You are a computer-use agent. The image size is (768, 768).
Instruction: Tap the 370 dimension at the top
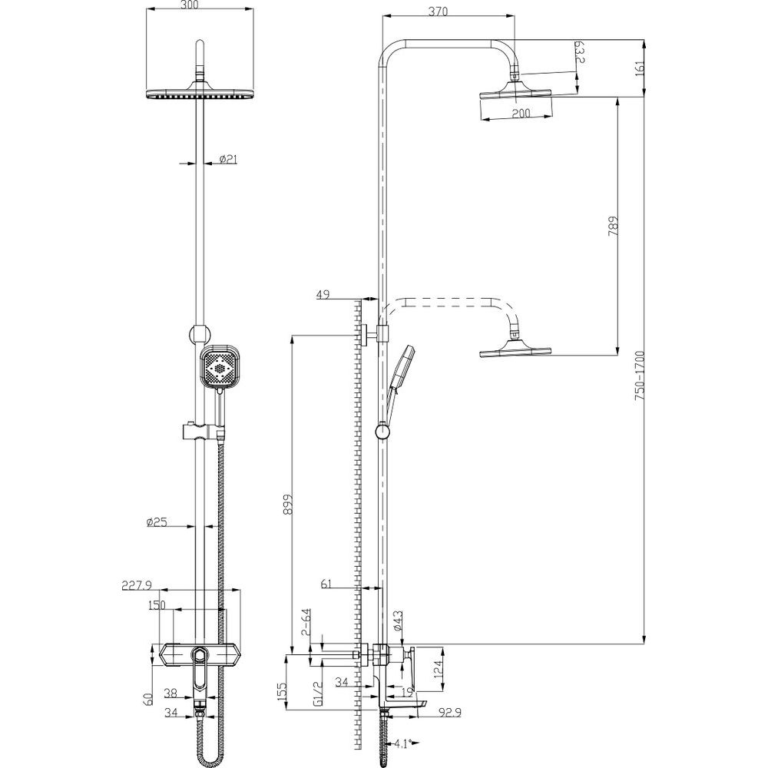click(438, 12)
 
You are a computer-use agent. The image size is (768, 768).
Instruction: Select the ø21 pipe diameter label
click(228, 159)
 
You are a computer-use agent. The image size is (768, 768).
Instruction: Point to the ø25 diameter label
click(157, 522)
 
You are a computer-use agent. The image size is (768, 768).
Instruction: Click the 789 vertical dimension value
click(613, 227)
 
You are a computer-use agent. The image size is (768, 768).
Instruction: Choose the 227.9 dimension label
click(137, 584)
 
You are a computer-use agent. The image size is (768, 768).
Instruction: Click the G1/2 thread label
click(316, 694)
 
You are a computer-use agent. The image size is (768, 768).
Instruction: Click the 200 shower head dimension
click(521, 113)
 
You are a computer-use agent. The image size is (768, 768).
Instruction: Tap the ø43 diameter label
click(397, 621)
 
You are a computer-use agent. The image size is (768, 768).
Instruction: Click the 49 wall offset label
click(323, 294)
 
